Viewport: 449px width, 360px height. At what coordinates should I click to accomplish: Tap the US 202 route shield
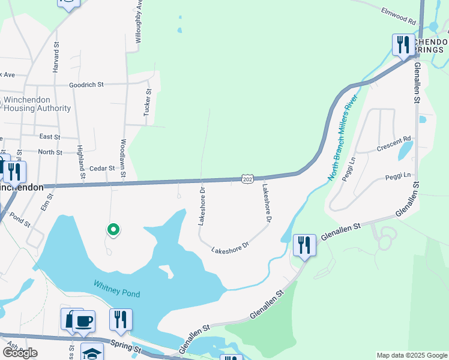(247, 179)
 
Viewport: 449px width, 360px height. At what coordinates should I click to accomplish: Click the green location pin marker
(112, 229)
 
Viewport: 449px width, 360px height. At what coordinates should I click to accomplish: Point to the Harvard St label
(56, 57)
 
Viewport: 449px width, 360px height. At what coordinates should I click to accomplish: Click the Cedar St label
(101, 169)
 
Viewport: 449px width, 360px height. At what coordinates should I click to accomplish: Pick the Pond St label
(20, 221)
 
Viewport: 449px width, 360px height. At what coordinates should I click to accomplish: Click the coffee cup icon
(84, 320)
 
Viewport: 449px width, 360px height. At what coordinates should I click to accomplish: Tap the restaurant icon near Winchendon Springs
(403, 44)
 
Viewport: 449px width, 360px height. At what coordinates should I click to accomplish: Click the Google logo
(19, 353)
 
